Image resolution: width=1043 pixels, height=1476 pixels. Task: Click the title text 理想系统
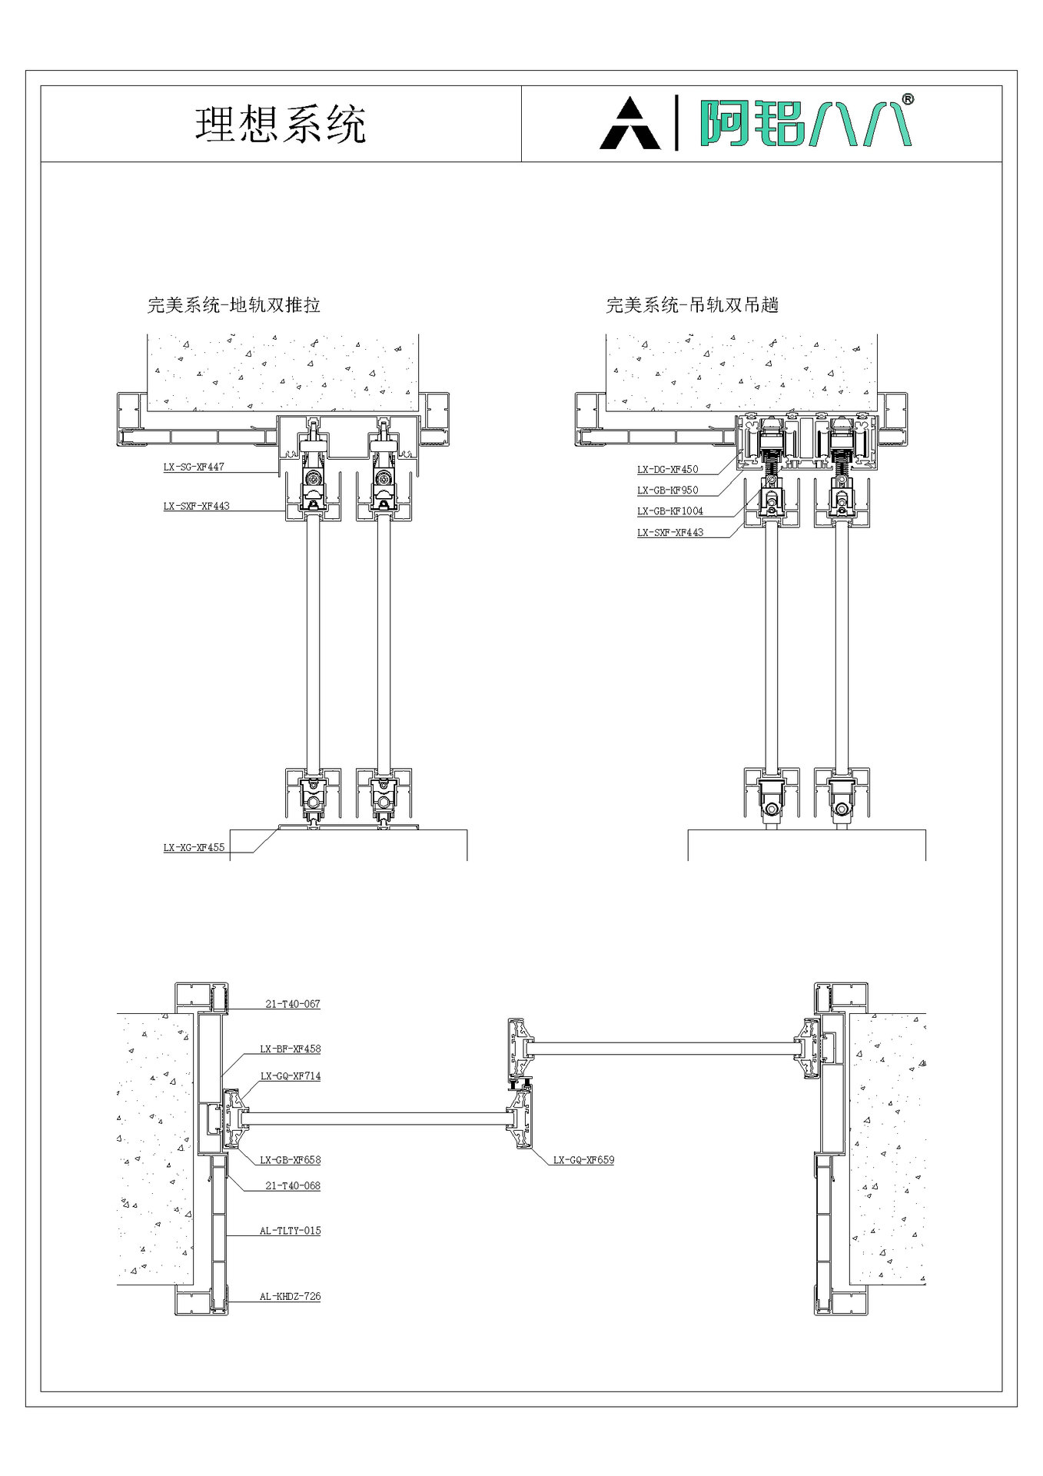pyautogui.click(x=281, y=125)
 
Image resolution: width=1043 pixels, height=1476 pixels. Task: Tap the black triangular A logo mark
pyautogui.click(x=629, y=125)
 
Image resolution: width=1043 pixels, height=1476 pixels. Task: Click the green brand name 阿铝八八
pyautogui.click(x=804, y=123)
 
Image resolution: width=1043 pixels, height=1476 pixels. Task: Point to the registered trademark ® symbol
pyautogui.click(x=908, y=100)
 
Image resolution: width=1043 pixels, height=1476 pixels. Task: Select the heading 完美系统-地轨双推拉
pyautogui.click(x=234, y=305)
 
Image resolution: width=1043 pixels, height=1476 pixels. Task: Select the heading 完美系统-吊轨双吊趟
pyautogui.click(x=693, y=305)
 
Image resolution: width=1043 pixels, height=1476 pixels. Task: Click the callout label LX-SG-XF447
pyautogui.click(x=194, y=467)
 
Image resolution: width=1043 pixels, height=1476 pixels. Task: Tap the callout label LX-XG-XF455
pyautogui.click(x=194, y=847)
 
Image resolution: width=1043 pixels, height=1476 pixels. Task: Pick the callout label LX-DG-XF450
pyautogui.click(x=667, y=469)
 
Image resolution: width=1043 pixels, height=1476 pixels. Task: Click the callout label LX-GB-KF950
pyautogui.click(x=667, y=490)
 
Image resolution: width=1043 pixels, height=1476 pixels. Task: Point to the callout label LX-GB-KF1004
pyautogui.click(x=669, y=510)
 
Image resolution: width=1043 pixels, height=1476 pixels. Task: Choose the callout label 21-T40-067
pyautogui.click(x=293, y=1004)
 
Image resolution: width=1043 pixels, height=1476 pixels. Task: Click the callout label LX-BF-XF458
pyautogui.click(x=290, y=1049)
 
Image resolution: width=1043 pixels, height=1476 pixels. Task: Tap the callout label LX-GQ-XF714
pyautogui.click(x=290, y=1076)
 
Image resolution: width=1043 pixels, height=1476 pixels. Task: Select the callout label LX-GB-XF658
pyautogui.click(x=290, y=1160)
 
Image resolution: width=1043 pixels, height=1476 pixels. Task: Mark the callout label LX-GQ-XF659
pyautogui.click(x=583, y=1160)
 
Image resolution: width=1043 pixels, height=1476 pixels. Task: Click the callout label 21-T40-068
pyautogui.click(x=293, y=1185)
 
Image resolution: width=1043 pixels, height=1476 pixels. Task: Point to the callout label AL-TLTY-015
pyautogui.click(x=290, y=1231)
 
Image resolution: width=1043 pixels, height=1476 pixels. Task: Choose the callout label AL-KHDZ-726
pyautogui.click(x=290, y=1296)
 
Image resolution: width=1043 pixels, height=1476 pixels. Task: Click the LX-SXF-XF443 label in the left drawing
pyautogui.click(x=196, y=506)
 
